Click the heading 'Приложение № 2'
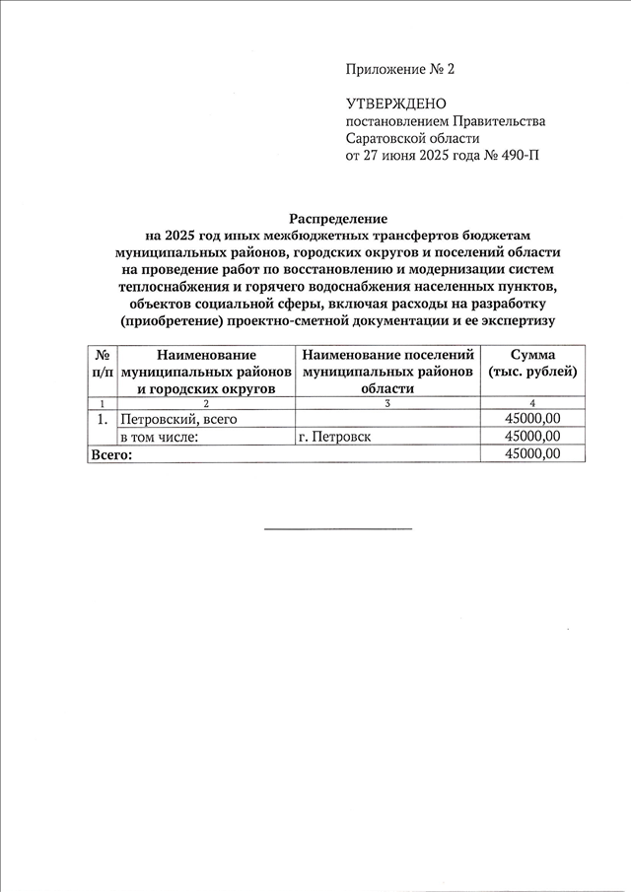click(400, 69)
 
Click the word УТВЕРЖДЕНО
click(395, 103)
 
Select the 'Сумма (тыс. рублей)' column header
click(532, 363)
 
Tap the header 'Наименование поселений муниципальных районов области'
click(387, 372)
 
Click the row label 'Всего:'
click(110, 454)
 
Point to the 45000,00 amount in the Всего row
click(532, 454)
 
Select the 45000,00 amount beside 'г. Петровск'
click(532, 437)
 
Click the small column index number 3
click(387, 403)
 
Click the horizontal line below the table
click(338, 529)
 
